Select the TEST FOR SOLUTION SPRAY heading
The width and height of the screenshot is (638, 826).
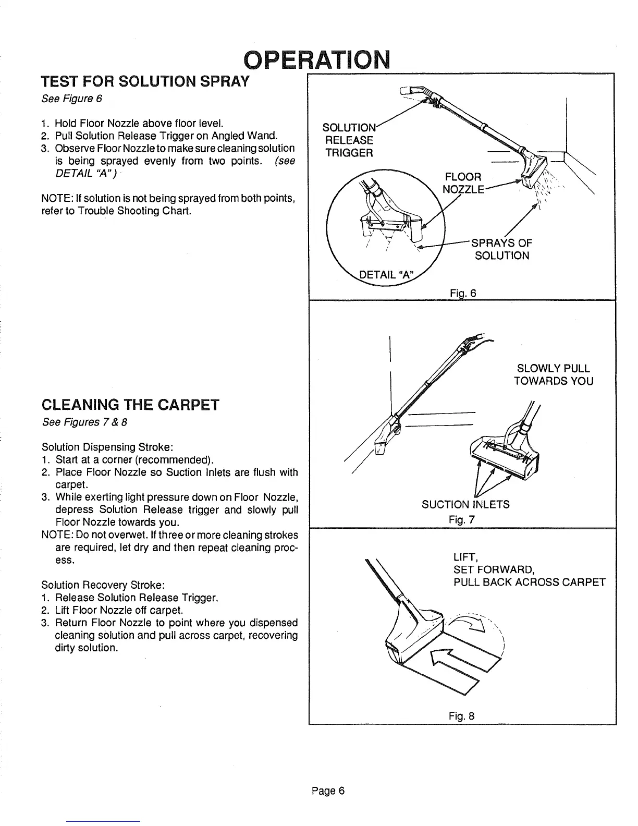146,82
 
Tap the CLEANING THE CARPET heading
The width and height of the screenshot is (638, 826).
130,405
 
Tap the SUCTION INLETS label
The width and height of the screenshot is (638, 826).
465,504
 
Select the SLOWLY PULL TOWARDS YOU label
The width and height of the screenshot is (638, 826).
554,374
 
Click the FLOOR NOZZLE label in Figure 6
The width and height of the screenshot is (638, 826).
463,182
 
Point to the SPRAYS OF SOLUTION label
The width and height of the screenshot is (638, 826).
501,249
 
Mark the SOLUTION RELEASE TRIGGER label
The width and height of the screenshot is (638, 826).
348,140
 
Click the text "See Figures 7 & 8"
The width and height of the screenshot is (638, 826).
76,422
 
